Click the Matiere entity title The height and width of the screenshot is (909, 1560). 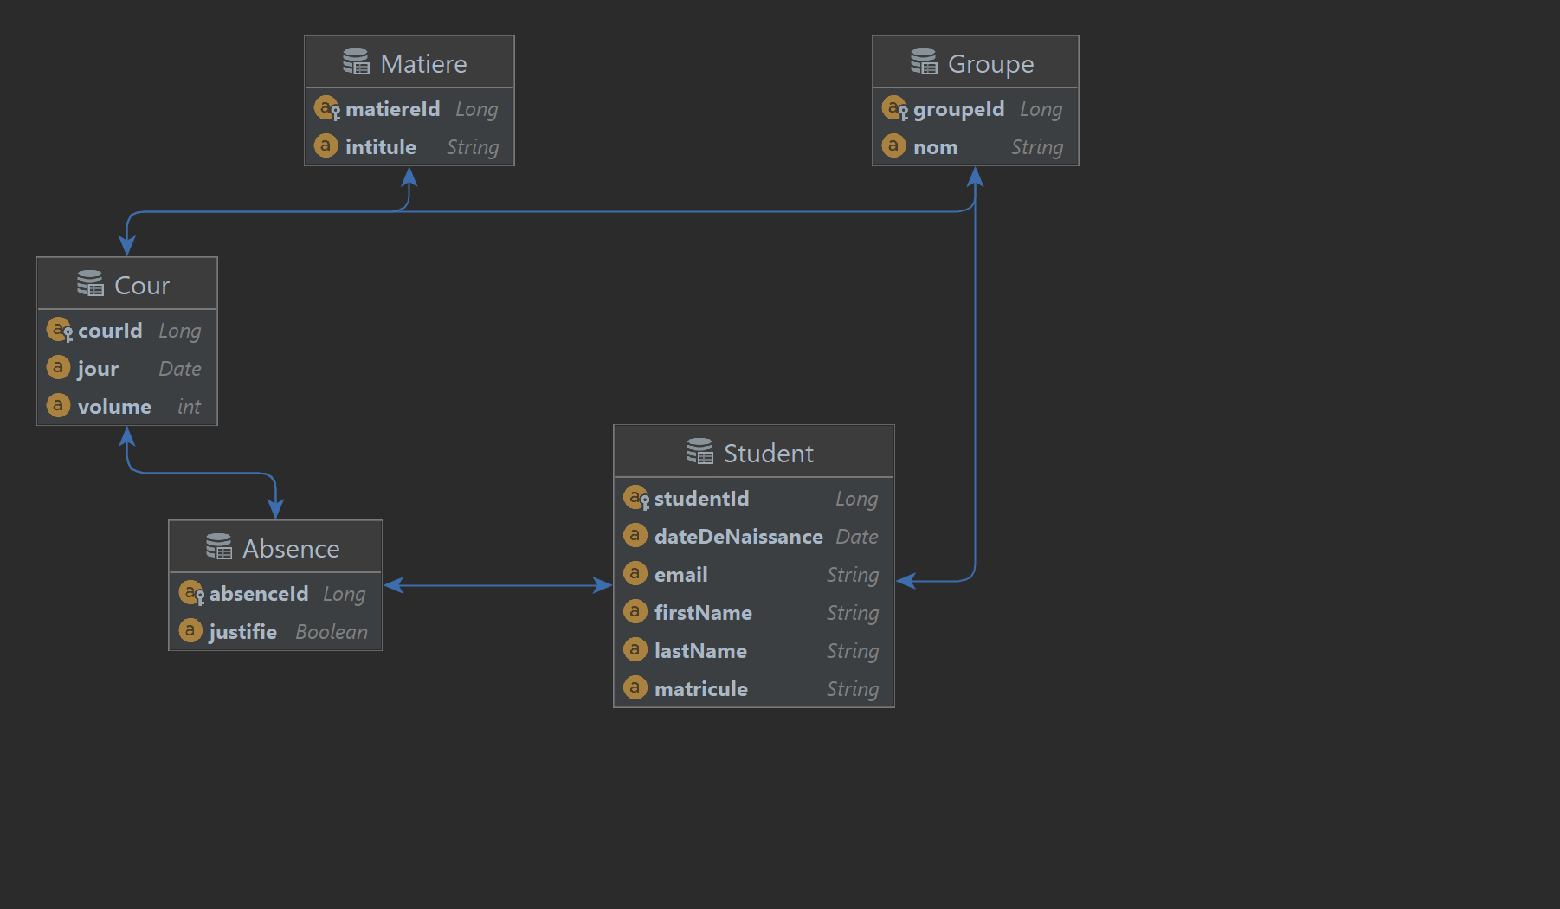click(423, 64)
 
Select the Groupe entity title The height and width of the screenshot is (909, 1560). click(990, 64)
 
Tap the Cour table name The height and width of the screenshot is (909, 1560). click(142, 286)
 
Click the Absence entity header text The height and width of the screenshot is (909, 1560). click(291, 549)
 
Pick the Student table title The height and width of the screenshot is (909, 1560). click(768, 454)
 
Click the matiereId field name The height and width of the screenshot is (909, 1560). click(392, 109)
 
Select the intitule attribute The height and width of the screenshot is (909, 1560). click(380, 147)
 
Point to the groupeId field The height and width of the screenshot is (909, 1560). click(958, 109)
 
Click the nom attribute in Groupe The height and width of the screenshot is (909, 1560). click(935, 147)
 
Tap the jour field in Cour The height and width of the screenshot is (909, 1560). click(98, 369)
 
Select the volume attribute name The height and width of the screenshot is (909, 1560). click(114, 407)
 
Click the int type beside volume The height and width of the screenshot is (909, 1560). click(189, 407)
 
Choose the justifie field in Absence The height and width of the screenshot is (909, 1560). click(242, 632)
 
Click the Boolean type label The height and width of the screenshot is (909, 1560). click(332, 632)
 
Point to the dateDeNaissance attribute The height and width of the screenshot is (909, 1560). click(738, 537)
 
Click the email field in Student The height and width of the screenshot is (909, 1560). click(680, 575)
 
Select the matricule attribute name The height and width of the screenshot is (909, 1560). click(700, 689)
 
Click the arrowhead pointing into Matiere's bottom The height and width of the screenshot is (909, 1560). click(409, 176)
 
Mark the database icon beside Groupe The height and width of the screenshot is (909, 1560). click(924, 62)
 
